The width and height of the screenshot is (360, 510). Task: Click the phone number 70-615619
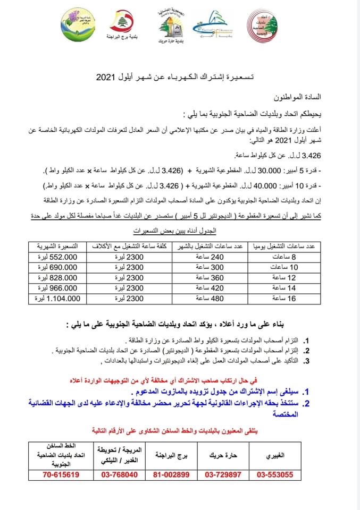61,474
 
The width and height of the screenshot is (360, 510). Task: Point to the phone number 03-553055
275,474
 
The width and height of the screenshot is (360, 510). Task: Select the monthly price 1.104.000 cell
59,299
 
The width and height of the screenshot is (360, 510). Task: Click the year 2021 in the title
109,77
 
